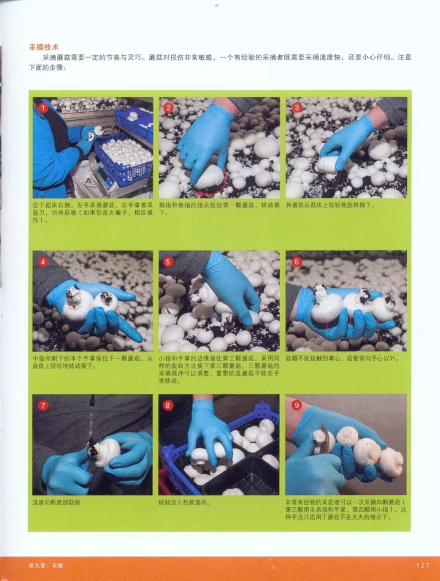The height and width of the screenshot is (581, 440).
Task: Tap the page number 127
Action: click(x=422, y=565)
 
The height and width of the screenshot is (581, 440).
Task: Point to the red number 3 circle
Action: click(x=296, y=107)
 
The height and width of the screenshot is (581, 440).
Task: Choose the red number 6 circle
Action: click(x=296, y=261)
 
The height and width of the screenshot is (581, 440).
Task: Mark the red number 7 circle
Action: click(x=43, y=405)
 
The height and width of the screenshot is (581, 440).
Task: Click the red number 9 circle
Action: click(x=296, y=405)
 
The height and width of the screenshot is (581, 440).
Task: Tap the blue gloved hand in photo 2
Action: click(x=204, y=138)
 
